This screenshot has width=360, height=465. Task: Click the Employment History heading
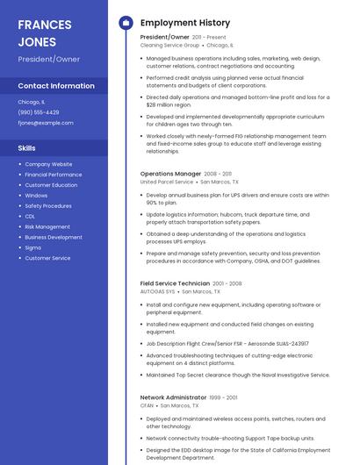pyautogui.click(x=184, y=23)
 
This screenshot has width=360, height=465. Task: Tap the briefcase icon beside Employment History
pyautogui.click(x=126, y=23)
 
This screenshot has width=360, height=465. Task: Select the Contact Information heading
pyautogui.click(x=56, y=86)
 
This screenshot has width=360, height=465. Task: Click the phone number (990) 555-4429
pyautogui.click(x=39, y=112)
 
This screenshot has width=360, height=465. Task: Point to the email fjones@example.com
pyautogui.click(x=46, y=123)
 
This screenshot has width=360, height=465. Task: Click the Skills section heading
pyautogui.click(x=26, y=148)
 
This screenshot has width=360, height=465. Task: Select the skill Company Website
pyautogui.click(x=48, y=164)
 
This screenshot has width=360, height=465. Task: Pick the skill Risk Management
pyautogui.click(x=47, y=226)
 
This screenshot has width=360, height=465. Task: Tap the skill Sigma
pyautogui.click(x=32, y=247)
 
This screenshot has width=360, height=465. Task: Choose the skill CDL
pyautogui.click(x=30, y=216)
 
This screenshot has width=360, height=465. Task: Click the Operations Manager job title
pyautogui.click(x=170, y=174)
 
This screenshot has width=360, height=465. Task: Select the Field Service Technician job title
pyautogui.click(x=175, y=283)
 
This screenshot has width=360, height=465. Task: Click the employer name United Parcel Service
pyautogui.click(x=166, y=182)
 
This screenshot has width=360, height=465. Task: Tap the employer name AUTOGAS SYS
pyautogui.click(x=157, y=291)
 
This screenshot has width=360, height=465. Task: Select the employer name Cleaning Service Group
pyautogui.click(x=169, y=45)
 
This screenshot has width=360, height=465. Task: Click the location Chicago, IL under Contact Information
pyautogui.click(x=31, y=102)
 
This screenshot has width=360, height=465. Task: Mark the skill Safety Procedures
pyautogui.click(x=48, y=205)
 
